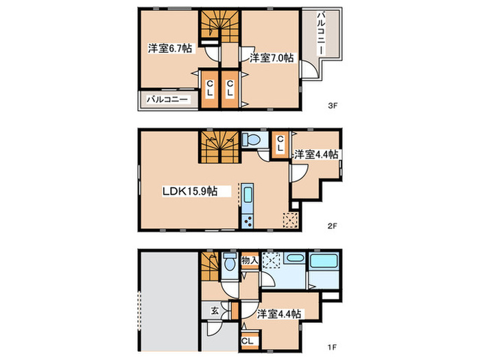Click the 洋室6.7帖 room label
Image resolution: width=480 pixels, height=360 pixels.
coord(170,49)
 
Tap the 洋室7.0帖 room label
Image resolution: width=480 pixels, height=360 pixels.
coord(272,58)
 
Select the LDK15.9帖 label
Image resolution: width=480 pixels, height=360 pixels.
coord(190,191)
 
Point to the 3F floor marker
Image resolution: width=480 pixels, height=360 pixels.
coord(333,106)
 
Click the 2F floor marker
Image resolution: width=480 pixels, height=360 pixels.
coord(332,226)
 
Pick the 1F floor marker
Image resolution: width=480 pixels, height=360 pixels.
coord(332,347)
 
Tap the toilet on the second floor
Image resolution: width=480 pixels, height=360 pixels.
coord(251,140)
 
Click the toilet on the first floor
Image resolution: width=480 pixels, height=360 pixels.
coord(229,262)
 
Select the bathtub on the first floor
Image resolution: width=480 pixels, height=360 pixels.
coord(324,261)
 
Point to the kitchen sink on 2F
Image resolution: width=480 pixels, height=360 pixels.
coord(248,195)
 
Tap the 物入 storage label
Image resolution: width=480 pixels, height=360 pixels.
coord(250,261)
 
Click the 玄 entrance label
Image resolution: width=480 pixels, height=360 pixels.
coord(215,311)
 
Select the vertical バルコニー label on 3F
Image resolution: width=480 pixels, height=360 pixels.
coord(321,33)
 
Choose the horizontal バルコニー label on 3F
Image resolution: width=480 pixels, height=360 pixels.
coord(167,99)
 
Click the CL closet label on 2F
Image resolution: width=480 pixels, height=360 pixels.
coord(280,144)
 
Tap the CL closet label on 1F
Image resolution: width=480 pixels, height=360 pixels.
coord(248,341)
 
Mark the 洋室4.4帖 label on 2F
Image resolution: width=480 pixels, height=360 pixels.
coord(316,154)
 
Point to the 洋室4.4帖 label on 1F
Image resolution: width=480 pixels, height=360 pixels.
coord(278,314)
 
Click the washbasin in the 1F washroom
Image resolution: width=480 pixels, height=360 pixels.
coord(294,258)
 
